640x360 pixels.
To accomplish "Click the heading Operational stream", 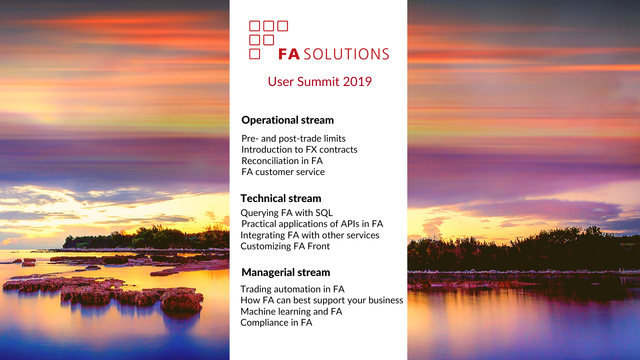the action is tap(287, 120).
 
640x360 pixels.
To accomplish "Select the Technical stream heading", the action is tap(281, 198).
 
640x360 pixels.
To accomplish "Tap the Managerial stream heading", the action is tap(286, 272).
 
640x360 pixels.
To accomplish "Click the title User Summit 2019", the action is tap(320, 82).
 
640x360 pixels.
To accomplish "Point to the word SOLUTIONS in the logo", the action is tap(346, 54).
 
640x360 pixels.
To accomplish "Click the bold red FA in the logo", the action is tap(289, 54).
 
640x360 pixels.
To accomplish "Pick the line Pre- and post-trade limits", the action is tap(293, 138).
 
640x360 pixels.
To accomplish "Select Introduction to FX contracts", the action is tap(299, 150).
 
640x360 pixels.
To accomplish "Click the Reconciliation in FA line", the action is tap(282, 161).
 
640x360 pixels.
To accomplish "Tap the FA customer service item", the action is tap(283, 172).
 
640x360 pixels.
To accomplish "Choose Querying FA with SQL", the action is tap(286, 213).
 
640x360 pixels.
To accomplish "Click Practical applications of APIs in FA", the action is tap(312, 224).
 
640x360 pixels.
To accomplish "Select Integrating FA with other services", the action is tap(310, 235).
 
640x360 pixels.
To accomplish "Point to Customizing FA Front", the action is tap(285, 246).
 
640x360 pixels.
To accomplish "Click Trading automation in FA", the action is tap(292, 289).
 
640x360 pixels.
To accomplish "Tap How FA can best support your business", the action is tap(322, 300).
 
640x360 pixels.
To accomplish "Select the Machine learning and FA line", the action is tap(291, 312).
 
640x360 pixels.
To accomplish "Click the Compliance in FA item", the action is tap(276, 323).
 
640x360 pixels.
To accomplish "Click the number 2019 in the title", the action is tap(357, 82).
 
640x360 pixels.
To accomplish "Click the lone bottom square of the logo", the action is tap(255, 54).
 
